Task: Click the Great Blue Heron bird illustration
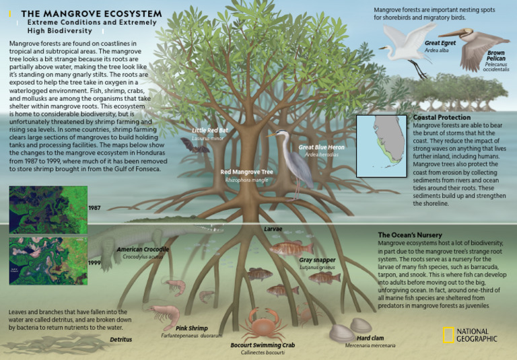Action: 296,161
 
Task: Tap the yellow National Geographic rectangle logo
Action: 447,334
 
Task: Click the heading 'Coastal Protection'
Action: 442,118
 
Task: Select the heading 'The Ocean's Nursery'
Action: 410,235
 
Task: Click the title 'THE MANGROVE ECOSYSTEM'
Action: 92,13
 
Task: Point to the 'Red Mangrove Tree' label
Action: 246,172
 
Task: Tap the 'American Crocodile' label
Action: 143,250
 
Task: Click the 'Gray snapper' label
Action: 317,260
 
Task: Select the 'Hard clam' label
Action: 370,338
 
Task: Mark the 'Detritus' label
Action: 120,340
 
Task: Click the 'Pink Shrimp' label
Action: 191,328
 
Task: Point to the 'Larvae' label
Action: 273,229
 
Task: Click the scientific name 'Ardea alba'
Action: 437,50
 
